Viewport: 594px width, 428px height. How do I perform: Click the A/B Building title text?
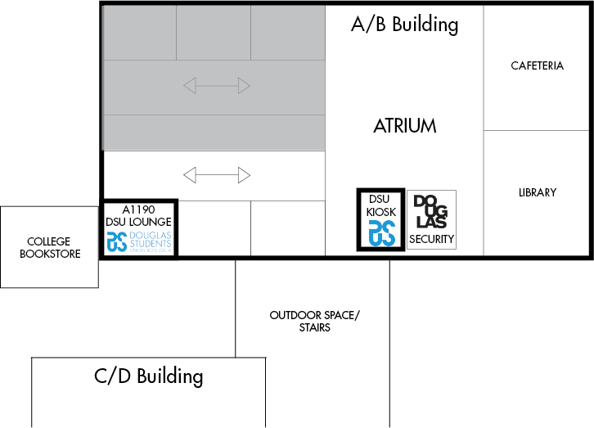(404, 25)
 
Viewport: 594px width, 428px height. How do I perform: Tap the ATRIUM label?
(404, 126)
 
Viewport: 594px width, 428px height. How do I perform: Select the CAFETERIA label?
(537, 65)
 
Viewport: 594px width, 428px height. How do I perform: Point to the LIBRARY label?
(537, 193)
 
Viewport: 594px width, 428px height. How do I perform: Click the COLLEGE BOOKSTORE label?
(49, 248)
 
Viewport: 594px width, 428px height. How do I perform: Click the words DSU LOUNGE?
(138, 222)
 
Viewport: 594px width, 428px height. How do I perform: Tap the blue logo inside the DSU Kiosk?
(381, 232)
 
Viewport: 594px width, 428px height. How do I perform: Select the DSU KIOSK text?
(380, 205)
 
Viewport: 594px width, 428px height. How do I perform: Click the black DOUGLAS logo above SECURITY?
(430, 212)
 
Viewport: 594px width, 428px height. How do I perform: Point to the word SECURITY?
(431, 239)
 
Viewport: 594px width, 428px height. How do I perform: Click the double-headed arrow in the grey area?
(216, 85)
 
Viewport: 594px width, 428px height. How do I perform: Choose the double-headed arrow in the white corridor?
(216, 175)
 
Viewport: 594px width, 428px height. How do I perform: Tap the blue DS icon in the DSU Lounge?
(116, 242)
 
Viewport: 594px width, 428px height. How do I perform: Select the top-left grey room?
(139, 33)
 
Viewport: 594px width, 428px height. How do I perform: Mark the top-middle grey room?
(213, 33)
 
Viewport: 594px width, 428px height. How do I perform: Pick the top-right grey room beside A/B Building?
(287, 33)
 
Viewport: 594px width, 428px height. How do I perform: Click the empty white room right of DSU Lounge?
(214, 228)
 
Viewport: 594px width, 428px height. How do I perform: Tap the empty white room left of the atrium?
(287, 228)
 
